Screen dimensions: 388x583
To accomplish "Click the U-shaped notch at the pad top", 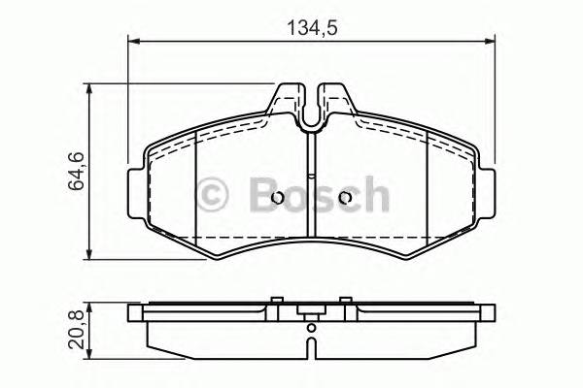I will pos(311,113).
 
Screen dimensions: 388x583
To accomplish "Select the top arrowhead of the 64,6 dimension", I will pos(91,89).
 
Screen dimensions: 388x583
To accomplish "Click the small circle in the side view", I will pos(311,340).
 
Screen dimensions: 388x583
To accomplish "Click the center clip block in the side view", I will pos(311,313).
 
